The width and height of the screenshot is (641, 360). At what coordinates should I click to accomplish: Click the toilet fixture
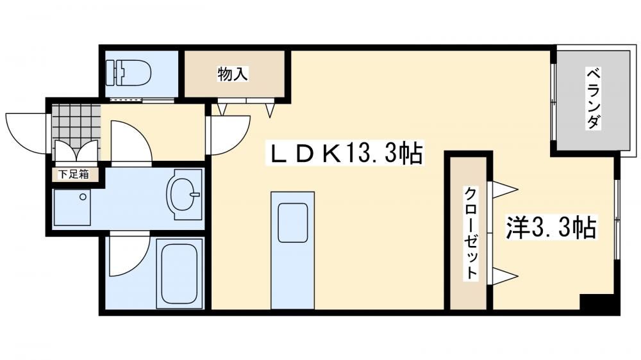coord(128,73)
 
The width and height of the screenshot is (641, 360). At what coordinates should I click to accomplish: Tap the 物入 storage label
coord(233,74)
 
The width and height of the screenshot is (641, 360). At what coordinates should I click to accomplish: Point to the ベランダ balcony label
coord(594,98)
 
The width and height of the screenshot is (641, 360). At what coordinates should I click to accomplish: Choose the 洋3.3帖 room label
coord(551,227)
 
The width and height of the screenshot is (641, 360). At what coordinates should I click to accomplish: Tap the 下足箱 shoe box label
coord(74,174)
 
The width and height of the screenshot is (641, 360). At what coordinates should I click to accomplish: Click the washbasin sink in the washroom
coord(184,195)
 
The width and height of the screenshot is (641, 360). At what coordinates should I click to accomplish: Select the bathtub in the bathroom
coord(179,274)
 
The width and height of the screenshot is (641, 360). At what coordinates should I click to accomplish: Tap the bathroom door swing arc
coord(129,254)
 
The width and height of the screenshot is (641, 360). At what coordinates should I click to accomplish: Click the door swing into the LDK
coord(229,136)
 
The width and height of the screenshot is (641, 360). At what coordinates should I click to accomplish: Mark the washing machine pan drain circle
coord(83,197)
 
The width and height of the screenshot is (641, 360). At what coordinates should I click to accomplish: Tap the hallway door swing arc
coord(131,141)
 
